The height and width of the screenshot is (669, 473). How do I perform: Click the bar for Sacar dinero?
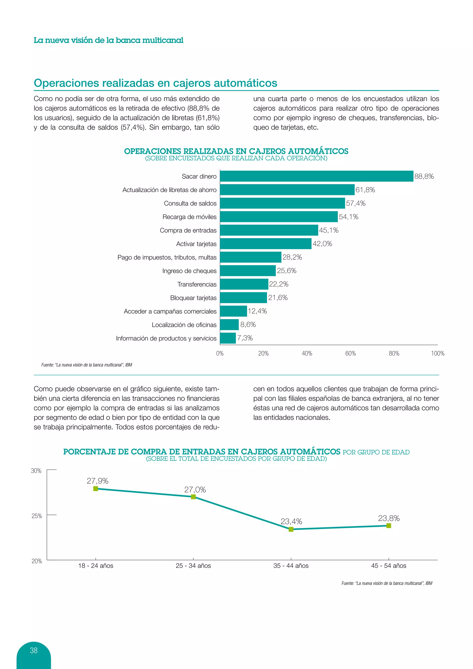point(317,176)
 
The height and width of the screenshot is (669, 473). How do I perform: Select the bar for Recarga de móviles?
point(279,217)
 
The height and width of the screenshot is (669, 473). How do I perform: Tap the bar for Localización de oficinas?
point(229,325)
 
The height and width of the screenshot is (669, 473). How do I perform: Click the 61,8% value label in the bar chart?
point(365,190)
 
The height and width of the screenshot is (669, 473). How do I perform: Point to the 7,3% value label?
point(245,338)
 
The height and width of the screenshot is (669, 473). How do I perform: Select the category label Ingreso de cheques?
point(189,271)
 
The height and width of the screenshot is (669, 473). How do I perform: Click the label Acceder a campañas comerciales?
point(170,311)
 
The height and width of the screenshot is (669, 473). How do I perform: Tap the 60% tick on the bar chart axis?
point(350,353)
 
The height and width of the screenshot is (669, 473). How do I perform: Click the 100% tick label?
point(437,353)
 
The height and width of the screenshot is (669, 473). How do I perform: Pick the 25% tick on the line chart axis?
point(37,516)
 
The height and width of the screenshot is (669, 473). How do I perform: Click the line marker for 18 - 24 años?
point(96,489)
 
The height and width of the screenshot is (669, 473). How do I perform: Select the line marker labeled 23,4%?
point(291,529)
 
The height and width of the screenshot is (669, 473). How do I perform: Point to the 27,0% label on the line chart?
point(195,490)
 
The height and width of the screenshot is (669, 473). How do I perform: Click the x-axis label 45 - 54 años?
point(388,566)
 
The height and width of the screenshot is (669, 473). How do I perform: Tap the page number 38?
point(34,650)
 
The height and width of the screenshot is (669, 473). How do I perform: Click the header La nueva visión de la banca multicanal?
point(108,40)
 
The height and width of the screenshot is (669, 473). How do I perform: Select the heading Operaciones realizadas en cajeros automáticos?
point(155,83)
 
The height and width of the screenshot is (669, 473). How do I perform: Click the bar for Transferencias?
point(244,284)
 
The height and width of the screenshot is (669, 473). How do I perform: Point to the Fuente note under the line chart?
point(386,583)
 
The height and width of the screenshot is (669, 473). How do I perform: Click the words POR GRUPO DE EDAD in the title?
point(376,452)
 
